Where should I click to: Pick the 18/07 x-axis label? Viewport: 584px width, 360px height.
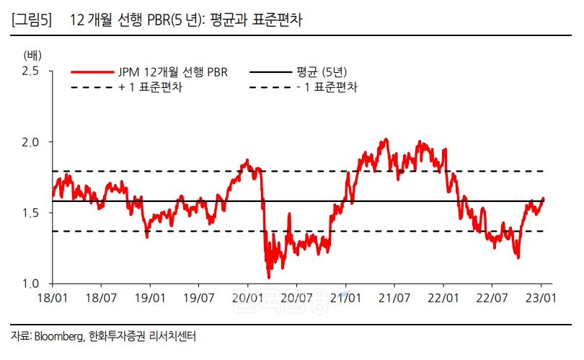point(101,297)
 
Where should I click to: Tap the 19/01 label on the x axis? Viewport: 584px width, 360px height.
point(150,297)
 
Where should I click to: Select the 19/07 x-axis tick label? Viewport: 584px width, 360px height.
point(199,297)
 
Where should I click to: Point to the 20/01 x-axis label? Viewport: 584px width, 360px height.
point(248,297)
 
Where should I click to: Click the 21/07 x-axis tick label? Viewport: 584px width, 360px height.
point(394,297)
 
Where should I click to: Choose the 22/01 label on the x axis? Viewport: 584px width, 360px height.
point(443,297)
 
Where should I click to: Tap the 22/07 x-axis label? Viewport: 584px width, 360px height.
point(492,297)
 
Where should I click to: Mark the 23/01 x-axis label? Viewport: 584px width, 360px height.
point(541,297)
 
